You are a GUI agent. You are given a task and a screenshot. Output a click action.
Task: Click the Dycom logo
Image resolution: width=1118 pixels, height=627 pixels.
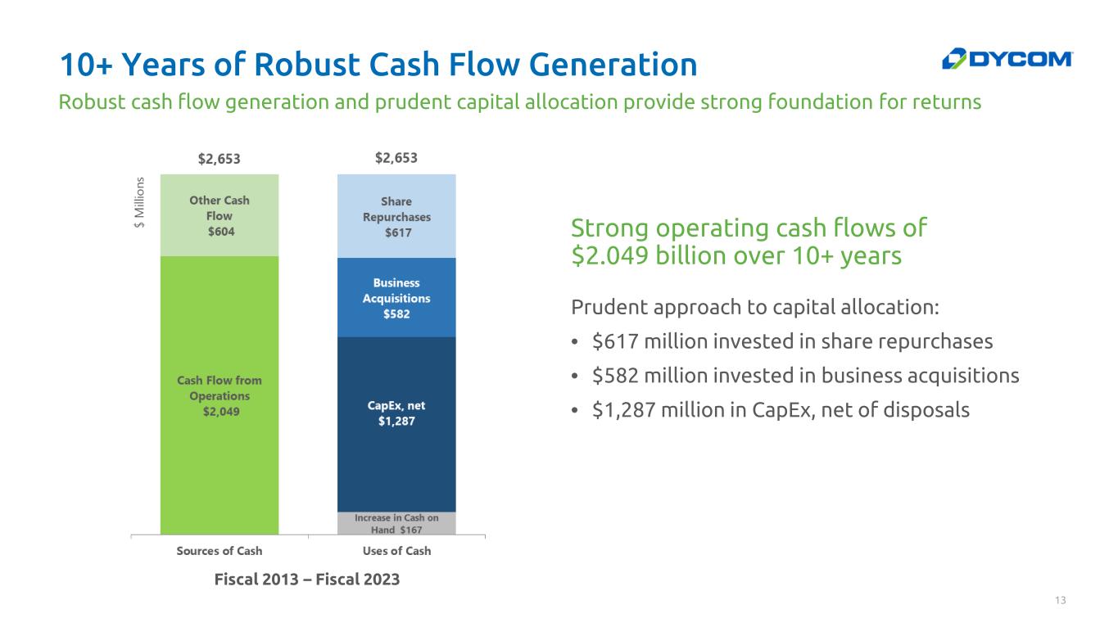click(1007, 59)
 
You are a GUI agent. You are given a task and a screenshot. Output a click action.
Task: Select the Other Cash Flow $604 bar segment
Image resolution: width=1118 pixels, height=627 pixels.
click(220, 215)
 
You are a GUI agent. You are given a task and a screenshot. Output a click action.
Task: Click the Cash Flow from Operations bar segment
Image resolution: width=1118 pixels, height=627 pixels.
click(220, 395)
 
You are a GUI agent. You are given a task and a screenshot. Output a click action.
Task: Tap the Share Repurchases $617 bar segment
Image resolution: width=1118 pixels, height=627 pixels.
click(396, 216)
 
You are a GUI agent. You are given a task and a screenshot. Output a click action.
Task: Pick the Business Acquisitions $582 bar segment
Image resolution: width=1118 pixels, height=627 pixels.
click(396, 298)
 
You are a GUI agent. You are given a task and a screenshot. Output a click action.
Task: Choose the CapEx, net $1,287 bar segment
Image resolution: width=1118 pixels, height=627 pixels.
click(396, 425)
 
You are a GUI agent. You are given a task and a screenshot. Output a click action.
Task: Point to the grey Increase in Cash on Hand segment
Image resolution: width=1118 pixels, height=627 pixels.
click(396, 523)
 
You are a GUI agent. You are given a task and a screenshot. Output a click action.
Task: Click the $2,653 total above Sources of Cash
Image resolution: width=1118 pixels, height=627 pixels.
click(220, 159)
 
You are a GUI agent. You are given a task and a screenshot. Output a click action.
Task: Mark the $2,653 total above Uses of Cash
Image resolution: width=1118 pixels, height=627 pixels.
click(396, 158)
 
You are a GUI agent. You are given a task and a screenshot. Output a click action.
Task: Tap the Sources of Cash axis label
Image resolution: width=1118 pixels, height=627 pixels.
click(220, 551)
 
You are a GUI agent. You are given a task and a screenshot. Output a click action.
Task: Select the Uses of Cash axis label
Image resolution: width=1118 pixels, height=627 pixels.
click(396, 551)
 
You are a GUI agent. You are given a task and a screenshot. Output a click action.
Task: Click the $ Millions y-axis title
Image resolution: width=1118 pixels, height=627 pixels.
click(139, 202)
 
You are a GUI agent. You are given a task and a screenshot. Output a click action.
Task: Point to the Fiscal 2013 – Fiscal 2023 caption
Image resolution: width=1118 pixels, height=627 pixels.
click(307, 579)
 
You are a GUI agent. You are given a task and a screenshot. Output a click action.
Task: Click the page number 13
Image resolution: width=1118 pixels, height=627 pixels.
click(1060, 600)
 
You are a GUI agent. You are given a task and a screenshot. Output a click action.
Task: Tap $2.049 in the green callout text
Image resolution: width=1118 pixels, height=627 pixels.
click(609, 255)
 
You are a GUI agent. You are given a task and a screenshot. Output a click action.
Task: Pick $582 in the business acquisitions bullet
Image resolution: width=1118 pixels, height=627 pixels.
click(615, 376)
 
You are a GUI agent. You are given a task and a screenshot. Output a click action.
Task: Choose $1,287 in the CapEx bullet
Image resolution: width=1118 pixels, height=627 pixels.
click(623, 410)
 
